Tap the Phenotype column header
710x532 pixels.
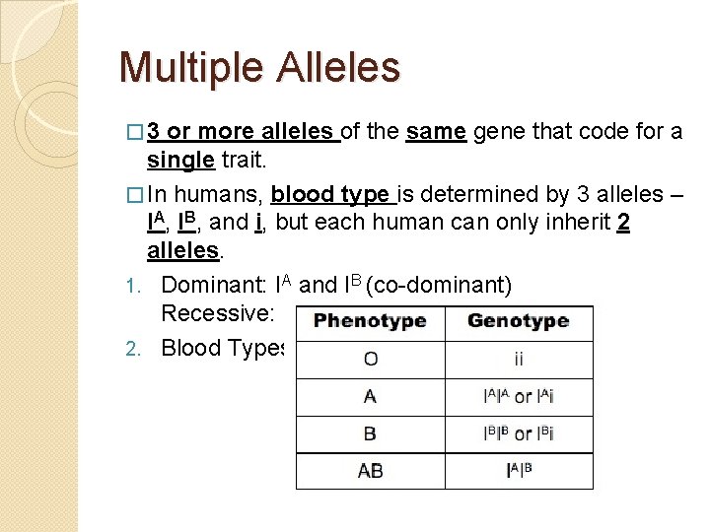pos(370,322)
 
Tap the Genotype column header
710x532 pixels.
pos(519,322)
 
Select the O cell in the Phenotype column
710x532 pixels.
pos(370,359)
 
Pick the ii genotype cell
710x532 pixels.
pos(519,359)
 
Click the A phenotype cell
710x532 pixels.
pos(370,396)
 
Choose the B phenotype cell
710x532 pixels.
pos(370,433)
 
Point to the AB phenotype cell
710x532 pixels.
pos(370,471)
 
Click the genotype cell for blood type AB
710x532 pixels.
pos(519,471)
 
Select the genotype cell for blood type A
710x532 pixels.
pos(519,396)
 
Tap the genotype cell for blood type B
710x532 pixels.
pos(519,433)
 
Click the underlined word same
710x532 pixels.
pos(435,131)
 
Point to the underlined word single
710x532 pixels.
pos(180,159)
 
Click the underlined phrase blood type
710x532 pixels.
pos(329,194)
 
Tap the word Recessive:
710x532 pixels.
pos(214,314)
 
